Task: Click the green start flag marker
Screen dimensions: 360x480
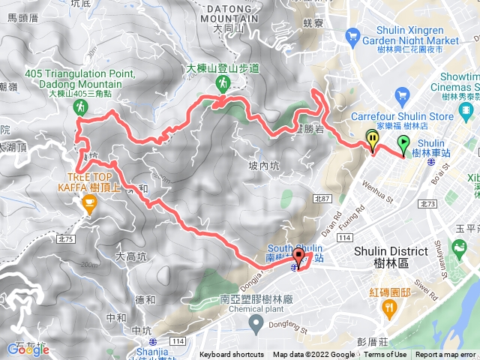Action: tap(403, 143)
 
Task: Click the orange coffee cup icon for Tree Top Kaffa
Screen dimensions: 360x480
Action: tap(89, 202)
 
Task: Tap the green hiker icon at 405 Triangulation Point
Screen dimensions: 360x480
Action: tap(79, 109)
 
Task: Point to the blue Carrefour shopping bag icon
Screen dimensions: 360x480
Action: tap(402, 95)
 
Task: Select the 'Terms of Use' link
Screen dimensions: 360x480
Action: tap(385, 355)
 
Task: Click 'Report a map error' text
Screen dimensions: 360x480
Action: tap(447, 355)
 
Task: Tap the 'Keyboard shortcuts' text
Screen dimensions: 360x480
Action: tap(232, 355)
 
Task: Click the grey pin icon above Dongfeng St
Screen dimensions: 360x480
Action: tap(256, 325)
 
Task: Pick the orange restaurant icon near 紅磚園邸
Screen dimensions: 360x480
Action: tap(388, 307)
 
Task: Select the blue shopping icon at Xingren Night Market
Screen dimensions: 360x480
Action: tap(352, 34)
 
